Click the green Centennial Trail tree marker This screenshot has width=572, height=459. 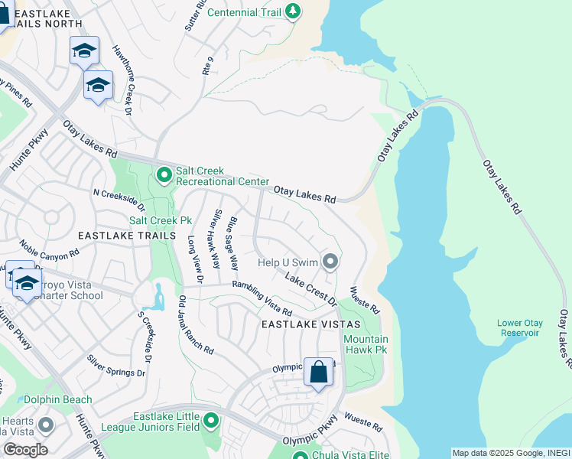pyautogui.click(x=292, y=11)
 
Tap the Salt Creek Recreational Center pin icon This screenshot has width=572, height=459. pyautogui.click(x=164, y=176)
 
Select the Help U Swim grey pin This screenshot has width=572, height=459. pyautogui.click(x=330, y=262)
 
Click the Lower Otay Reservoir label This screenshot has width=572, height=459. pyautogui.click(x=518, y=327)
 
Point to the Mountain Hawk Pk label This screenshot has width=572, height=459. pyautogui.click(x=366, y=344)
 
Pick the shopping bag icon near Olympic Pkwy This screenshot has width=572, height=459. pyautogui.click(x=319, y=373)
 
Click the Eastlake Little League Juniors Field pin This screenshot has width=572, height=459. pyautogui.click(x=211, y=420)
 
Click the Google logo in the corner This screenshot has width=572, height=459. pyautogui.click(x=25, y=449)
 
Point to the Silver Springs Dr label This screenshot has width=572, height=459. pyautogui.click(x=115, y=366)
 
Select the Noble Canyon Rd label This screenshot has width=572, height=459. pyautogui.click(x=50, y=259)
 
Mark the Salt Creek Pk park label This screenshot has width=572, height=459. pyautogui.click(x=160, y=220)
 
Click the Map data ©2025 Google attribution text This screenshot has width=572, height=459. pyautogui.click(x=490, y=453)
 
